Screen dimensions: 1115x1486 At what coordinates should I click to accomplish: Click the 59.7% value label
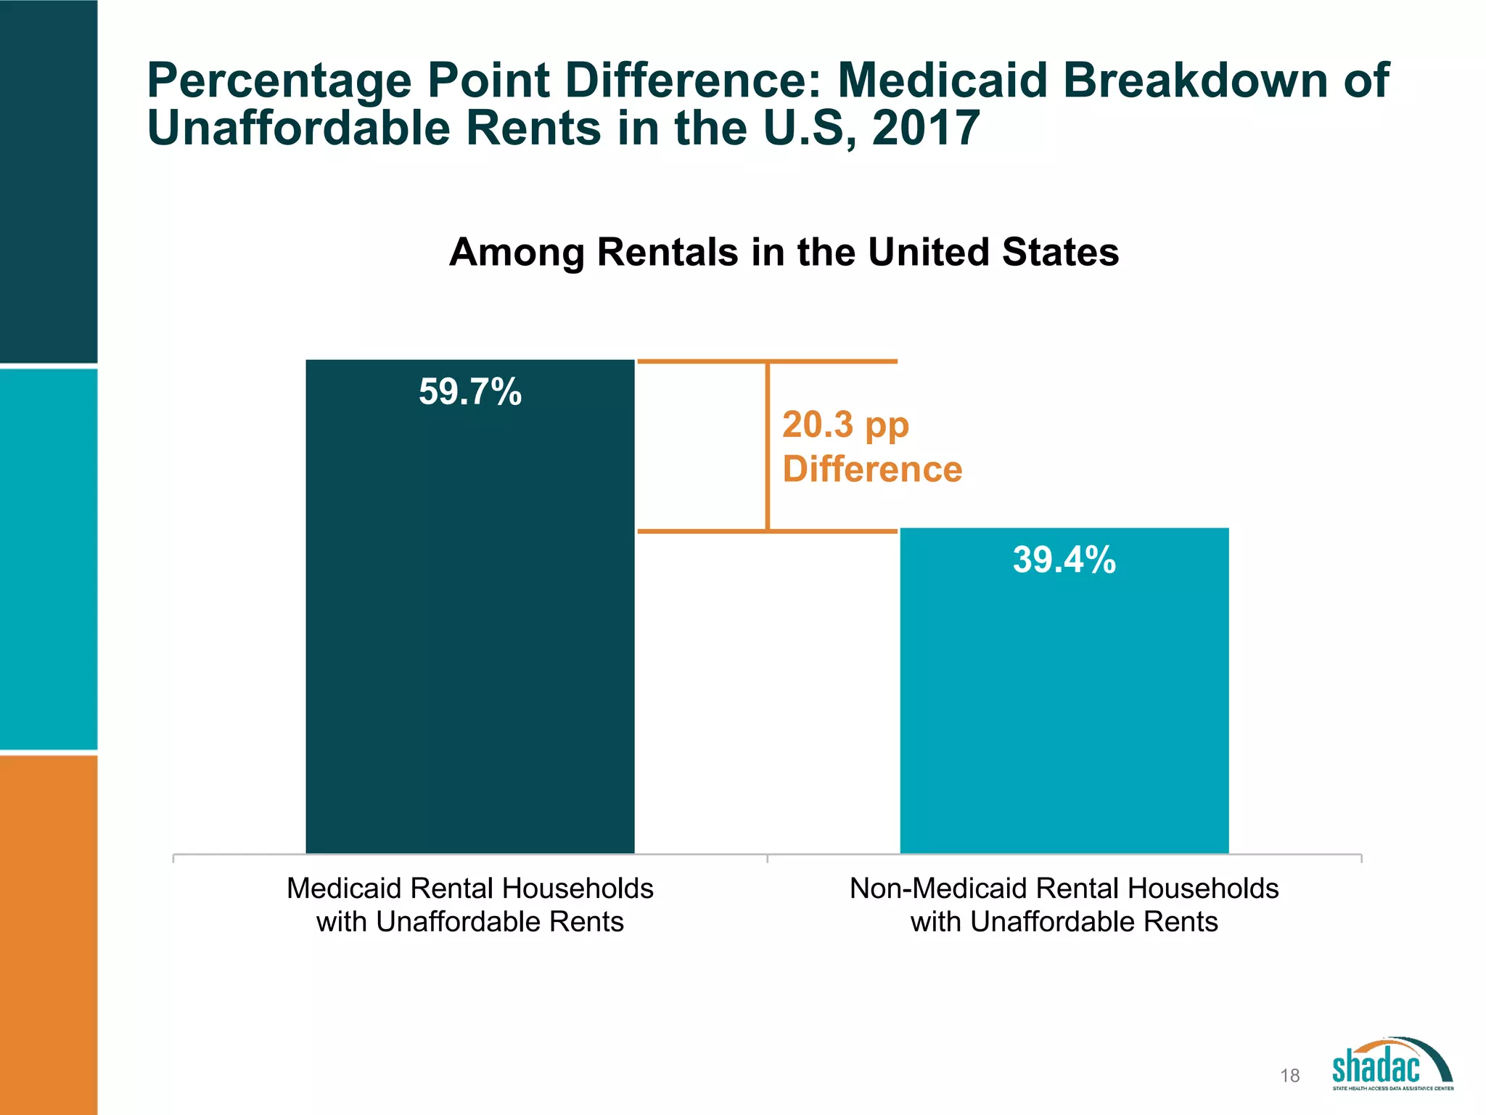(x=470, y=392)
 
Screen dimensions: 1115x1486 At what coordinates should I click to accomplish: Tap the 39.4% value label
(x=1064, y=560)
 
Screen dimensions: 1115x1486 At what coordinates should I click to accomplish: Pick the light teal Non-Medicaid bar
(x=1064, y=711)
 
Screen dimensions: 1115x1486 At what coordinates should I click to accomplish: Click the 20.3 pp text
(x=845, y=425)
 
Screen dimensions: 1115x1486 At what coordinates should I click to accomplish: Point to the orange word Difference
(x=872, y=469)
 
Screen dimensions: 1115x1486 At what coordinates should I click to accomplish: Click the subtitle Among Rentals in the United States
(x=784, y=253)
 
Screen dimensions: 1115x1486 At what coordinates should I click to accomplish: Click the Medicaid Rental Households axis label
(x=470, y=904)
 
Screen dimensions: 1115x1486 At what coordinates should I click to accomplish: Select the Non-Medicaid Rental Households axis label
(x=1064, y=904)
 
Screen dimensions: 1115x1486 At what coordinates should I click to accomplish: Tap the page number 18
(x=1289, y=1076)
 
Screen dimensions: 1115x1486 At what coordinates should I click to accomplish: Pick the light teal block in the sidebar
(x=49, y=559)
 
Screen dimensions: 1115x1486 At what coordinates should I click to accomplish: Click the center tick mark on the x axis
(x=767, y=859)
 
